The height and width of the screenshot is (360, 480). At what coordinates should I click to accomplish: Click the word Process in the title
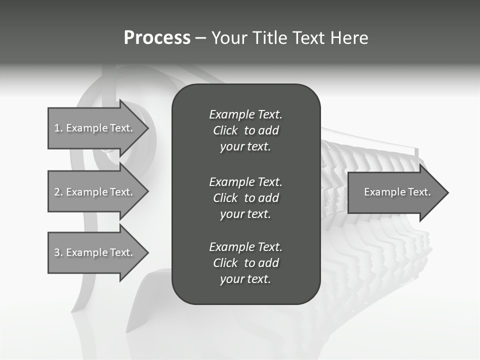point(157,38)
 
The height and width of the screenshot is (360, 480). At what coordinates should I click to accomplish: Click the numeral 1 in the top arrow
point(57,128)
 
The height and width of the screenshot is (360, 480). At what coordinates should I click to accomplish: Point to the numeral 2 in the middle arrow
point(57,192)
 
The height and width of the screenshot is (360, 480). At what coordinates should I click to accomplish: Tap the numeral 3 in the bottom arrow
point(57,252)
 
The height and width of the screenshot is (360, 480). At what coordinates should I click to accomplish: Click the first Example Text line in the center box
point(245,114)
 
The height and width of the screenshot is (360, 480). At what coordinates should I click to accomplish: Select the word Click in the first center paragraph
point(225,130)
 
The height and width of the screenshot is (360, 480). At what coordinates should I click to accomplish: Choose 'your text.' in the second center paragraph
point(245,214)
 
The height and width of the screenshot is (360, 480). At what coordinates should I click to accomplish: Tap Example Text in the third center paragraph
point(245,247)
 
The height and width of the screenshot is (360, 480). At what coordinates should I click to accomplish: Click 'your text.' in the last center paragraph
point(245,279)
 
